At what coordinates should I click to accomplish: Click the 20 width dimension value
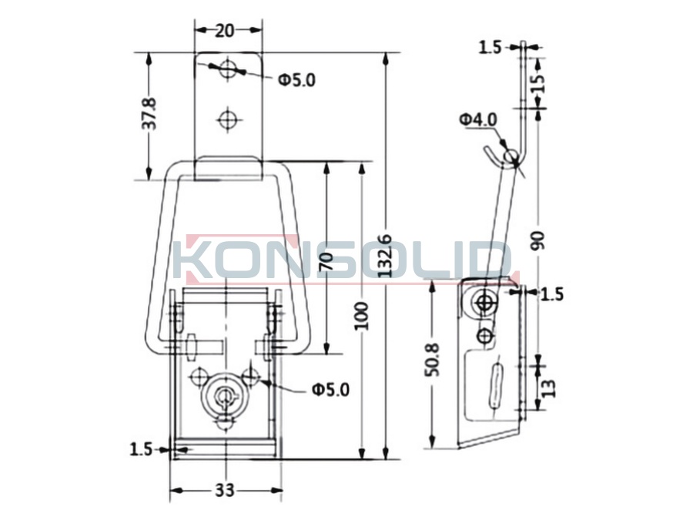[x=225, y=31]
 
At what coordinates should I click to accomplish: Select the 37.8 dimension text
[x=150, y=114]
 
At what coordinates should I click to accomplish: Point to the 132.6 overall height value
[x=386, y=256]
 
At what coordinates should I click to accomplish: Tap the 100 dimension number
[x=362, y=316]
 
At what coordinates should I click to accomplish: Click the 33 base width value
[x=225, y=490]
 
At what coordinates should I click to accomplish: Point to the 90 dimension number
[x=539, y=240]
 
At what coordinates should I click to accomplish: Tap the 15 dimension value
[x=538, y=83]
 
